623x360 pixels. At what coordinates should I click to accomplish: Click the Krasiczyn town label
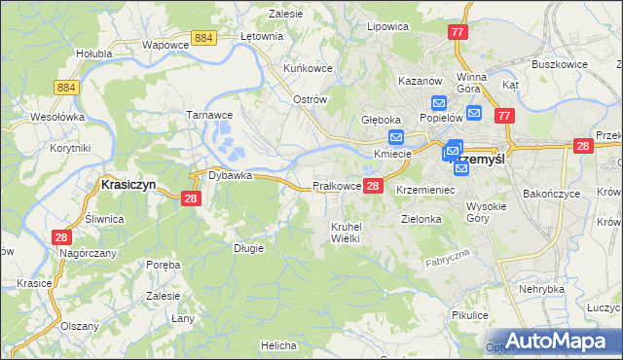pyautogui.click(x=130, y=183)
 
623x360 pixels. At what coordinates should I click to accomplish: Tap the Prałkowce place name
pyautogui.click(x=337, y=186)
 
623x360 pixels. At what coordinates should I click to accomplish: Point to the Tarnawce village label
pyautogui.click(x=206, y=114)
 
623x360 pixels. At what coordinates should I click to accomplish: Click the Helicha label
pyautogui.click(x=277, y=345)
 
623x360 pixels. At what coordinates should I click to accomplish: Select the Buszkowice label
pyautogui.click(x=558, y=64)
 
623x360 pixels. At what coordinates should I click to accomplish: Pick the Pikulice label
pyautogui.click(x=469, y=315)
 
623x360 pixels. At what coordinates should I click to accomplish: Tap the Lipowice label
pyautogui.click(x=385, y=26)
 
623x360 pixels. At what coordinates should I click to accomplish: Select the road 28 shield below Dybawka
pyautogui.click(x=191, y=198)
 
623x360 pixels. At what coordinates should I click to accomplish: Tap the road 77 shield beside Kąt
pyautogui.click(x=503, y=117)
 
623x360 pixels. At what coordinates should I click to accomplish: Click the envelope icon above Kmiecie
pyautogui.click(x=396, y=138)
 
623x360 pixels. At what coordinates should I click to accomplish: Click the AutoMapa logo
pyautogui.click(x=554, y=341)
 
